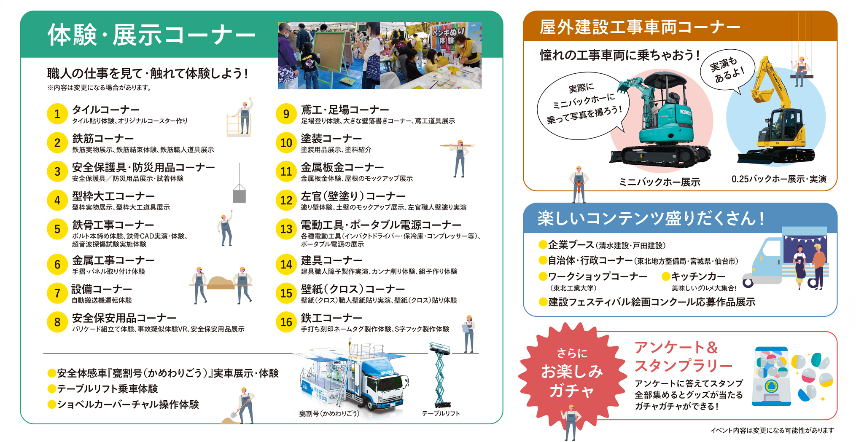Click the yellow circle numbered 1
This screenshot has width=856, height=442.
pyautogui.click(x=57, y=114)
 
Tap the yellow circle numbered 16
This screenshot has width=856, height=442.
pyautogui.click(x=286, y=322)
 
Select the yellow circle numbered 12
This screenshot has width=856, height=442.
pyautogui.click(x=286, y=200)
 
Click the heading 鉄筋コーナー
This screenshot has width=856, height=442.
pyautogui.click(x=103, y=139)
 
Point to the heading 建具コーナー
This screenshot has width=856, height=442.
pyautogui.click(x=331, y=260)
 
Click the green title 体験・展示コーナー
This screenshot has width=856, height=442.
pyautogui.click(x=152, y=35)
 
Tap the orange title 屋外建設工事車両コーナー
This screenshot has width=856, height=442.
pyautogui.click(x=640, y=27)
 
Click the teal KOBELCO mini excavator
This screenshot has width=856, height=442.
pyautogui.click(x=660, y=120)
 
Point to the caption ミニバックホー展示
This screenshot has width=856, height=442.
pyautogui.click(x=659, y=182)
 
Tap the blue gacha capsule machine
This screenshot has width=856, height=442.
pyautogui.click(x=771, y=376)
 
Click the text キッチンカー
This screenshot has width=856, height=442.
pyautogui.click(x=698, y=276)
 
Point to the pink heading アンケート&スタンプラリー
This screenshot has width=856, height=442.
pyautogui.click(x=684, y=356)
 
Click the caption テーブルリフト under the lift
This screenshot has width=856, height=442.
pyautogui.click(x=441, y=414)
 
